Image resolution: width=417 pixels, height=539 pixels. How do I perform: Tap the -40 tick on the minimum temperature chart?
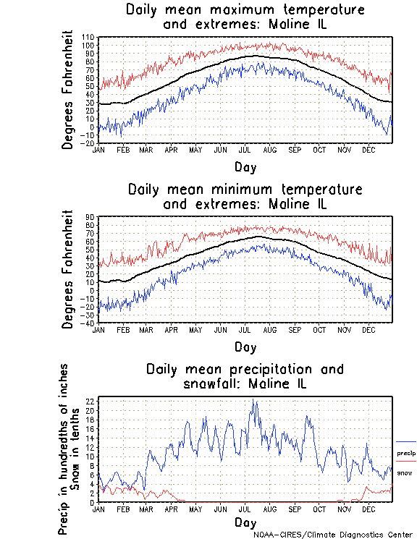pos(89,323)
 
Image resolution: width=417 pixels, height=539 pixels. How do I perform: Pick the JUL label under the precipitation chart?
pos(245,509)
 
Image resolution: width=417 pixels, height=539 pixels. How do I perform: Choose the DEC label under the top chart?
pos(368,150)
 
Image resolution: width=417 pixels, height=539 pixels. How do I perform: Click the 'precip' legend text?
pos(406,454)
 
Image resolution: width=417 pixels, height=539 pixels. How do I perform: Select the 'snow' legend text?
pos(405,472)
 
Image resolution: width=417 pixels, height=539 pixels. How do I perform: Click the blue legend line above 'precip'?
pos(406,441)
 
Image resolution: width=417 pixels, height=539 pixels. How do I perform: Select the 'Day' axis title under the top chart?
pos(245,167)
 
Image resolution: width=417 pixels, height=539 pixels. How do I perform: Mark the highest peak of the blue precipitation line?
pos(253,399)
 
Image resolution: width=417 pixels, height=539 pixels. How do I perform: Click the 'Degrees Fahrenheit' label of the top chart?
pos(68,90)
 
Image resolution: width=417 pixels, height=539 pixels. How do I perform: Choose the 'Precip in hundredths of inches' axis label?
pos(64,449)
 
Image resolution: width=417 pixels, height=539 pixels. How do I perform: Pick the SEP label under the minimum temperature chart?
pos(295,330)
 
